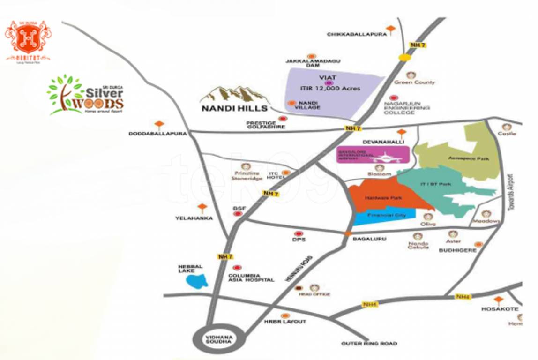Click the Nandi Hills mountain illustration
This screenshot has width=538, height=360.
234,94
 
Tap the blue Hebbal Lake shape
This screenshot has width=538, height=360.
197,281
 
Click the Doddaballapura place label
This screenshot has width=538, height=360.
157,134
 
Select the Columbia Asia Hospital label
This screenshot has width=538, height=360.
251,277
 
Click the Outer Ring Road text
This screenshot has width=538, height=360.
369,344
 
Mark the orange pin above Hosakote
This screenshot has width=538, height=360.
498,300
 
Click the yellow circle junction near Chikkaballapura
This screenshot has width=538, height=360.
404,57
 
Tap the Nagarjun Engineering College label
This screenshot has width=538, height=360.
406,108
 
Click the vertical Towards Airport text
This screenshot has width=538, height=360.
511,192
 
